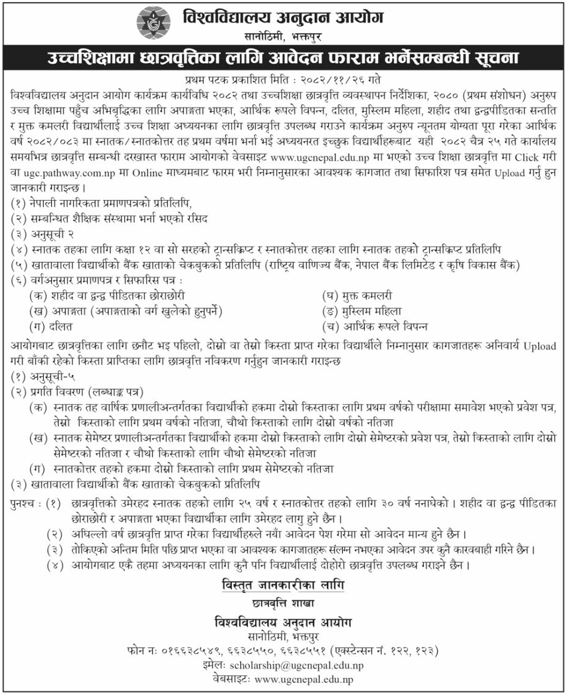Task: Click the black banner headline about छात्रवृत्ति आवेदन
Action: point(283,58)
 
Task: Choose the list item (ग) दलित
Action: point(51,326)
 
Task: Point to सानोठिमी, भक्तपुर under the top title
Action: point(284,35)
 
